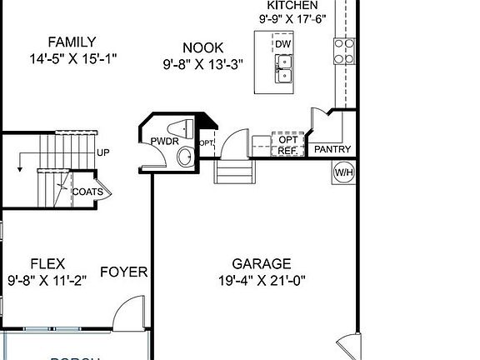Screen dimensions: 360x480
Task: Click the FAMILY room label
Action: (71, 42)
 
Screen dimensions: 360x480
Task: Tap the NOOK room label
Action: (203, 47)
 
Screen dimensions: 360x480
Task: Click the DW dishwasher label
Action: (283, 43)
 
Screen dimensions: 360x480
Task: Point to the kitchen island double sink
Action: (283, 69)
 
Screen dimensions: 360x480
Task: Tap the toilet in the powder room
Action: (181, 127)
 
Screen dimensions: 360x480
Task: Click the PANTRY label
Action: (332, 150)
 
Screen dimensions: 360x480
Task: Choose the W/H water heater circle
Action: (343, 172)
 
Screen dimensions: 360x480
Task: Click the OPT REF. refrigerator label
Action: (287, 145)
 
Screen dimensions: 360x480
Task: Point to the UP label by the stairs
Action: (102, 152)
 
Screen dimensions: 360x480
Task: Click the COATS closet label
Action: (87, 192)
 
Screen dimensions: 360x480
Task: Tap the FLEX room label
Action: (47, 263)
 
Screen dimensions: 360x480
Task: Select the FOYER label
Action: (123, 272)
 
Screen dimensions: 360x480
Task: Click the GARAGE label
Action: (262, 263)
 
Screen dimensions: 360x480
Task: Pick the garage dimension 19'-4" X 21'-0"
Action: (262, 280)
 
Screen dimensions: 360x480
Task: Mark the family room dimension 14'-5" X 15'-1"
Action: (71, 58)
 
